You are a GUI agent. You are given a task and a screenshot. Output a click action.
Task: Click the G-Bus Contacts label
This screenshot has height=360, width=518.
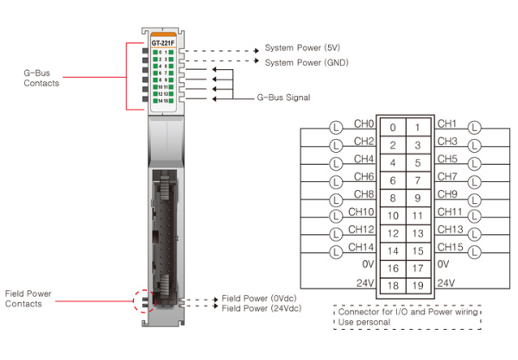click(x=41, y=78)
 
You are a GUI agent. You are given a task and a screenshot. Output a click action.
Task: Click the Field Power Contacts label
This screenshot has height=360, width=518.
click(x=28, y=299)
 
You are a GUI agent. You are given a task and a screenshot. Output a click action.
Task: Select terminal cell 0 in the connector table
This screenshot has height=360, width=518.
click(x=393, y=127)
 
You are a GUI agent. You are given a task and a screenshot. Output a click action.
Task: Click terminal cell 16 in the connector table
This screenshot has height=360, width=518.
click(x=393, y=268)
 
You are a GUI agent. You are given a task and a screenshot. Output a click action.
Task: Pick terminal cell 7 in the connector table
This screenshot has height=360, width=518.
click(x=418, y=180)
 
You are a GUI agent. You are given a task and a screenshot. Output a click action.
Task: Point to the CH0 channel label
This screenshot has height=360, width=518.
click(x=363, y=125)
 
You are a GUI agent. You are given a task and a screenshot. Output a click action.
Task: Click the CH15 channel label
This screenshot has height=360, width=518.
click(x=450, y=248)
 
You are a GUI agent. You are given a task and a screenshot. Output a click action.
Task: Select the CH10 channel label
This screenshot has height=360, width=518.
click(x=363, y=213)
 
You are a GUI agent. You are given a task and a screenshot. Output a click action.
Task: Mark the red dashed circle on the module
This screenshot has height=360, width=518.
click(x=144, y=302)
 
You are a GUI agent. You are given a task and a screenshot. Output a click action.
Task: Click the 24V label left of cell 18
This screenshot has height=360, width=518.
click(x=365, y=283)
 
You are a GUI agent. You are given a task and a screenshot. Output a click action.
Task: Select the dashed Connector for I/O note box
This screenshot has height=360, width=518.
click(x=406, y=315)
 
